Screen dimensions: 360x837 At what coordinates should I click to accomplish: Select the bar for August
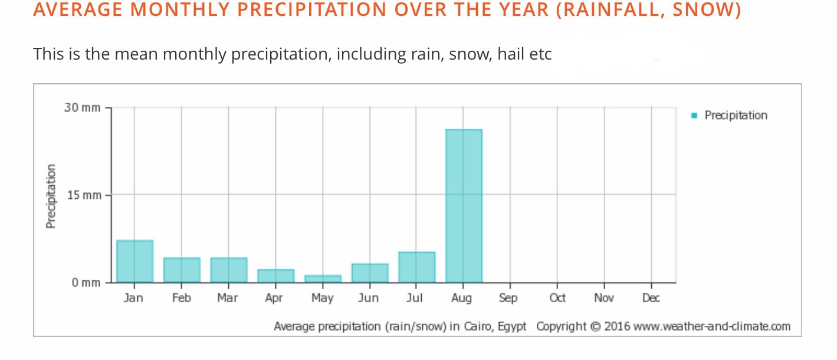[464, 205]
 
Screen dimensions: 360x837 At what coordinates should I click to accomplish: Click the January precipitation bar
[134, 261]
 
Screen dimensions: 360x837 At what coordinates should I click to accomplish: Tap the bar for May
[323, 279]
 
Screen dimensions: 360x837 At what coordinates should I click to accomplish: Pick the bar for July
[416, 267]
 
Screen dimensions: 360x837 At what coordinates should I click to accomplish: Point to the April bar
[275, 276]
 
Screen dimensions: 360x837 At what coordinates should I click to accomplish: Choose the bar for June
[370, 273]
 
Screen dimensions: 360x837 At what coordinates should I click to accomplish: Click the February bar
[182, 270]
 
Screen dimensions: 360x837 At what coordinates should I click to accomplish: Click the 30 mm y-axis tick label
[82, 108]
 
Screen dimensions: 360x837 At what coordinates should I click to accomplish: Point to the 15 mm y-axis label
[82, 195]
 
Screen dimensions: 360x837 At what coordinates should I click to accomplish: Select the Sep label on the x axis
[508, 298]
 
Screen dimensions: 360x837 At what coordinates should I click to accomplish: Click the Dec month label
[651, 298]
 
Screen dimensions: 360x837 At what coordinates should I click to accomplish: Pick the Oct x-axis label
[557, 298]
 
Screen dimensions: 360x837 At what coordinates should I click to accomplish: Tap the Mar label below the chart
[227, 298]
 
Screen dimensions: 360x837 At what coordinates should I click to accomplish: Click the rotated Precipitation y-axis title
[51, 196]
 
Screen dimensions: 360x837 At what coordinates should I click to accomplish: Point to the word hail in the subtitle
[510, 54]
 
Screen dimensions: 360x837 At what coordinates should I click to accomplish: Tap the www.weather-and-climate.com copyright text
[711, 326]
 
